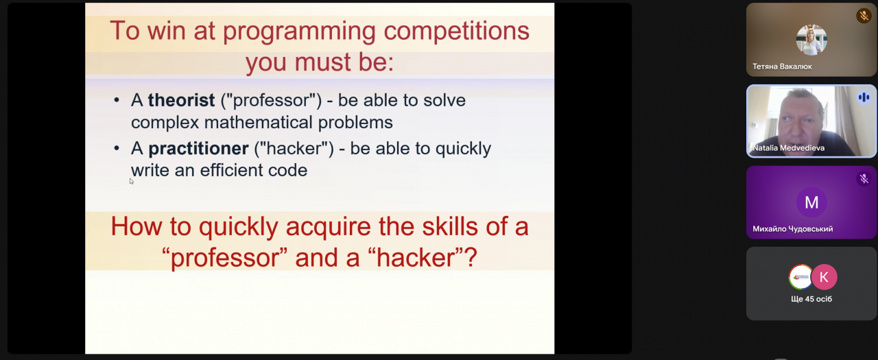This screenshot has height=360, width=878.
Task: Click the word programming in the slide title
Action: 300,32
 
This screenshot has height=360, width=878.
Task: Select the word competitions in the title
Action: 456,32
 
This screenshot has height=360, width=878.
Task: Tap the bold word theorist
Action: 181,100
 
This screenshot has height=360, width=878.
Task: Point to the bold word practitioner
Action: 198,149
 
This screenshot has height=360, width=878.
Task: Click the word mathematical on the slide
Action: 259,123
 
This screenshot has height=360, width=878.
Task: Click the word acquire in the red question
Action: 328,228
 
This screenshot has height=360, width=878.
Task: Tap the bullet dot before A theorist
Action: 117,100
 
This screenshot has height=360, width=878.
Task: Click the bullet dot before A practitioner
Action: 117,149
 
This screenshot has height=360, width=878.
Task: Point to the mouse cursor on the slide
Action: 131,181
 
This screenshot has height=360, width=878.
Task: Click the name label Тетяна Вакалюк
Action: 782,67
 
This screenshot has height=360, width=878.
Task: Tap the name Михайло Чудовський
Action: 792,229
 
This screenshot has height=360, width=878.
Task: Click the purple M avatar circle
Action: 811,202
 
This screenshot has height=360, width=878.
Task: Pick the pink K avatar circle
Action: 824,277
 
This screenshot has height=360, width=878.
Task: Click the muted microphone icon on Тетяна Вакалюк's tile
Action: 864,16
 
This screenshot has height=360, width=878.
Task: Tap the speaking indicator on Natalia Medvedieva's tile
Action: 864,97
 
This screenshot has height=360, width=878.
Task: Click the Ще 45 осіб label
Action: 811,299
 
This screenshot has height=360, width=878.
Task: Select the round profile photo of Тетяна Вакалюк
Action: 811,40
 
